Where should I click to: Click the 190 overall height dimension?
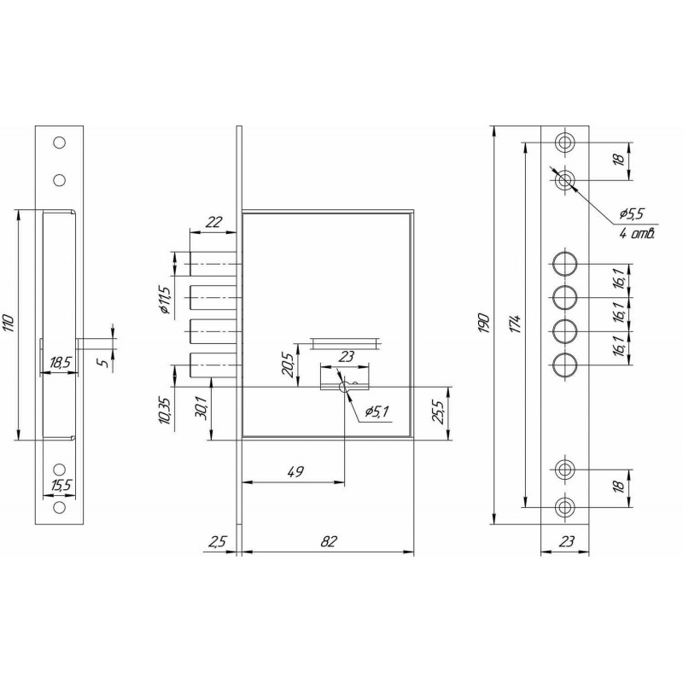point(484,323)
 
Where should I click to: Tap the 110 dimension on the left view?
point(9,324)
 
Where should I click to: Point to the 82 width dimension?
point(330,541)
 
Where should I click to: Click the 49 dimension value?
point(295,471)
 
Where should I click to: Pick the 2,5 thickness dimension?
point(217,541)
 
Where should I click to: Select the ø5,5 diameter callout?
point(631,213)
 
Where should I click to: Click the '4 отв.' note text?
point(637,234)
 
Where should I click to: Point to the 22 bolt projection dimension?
point(213,222)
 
